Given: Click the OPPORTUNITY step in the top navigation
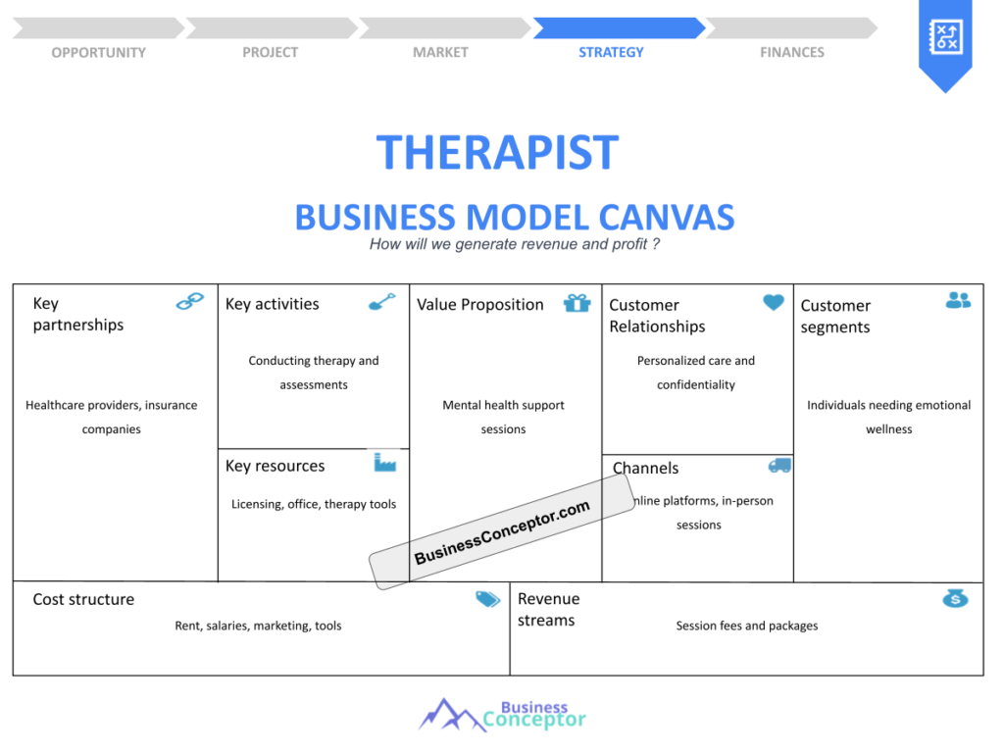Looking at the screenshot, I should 98,52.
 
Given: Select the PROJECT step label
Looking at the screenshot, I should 270,52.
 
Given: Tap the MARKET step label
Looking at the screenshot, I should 440,52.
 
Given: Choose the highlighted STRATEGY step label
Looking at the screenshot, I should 611,52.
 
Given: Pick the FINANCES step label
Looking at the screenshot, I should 792,52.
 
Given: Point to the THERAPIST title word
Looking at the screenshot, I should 497,153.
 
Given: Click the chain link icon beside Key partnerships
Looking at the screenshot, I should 190,302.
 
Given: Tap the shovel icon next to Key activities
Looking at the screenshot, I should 381,302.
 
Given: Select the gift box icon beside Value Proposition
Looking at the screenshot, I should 577,303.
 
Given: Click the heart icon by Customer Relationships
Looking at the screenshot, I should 774,303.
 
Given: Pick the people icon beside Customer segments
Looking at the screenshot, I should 958,300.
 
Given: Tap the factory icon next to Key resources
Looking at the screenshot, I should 385,462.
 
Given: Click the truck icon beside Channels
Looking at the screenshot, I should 779,466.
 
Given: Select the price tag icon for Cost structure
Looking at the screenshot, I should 487,599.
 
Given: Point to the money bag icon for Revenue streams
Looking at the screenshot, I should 955,598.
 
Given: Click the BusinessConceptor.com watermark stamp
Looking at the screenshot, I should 502,532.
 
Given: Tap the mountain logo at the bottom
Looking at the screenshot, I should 439,715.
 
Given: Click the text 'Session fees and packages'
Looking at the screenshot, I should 746,626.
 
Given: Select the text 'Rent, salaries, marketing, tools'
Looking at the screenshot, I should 258,626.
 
